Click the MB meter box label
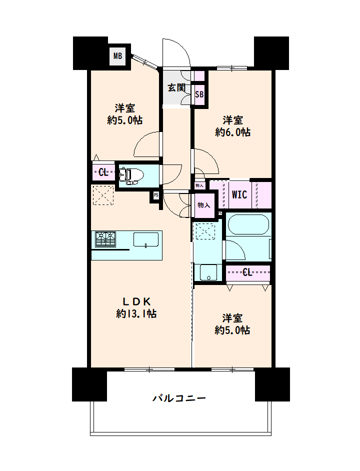coord(118,56)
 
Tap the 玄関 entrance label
coord(176,87)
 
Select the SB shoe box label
coord(199,94)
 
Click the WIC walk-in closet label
coord(239,194)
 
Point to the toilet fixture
coord(131,175)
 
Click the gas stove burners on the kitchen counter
coord(105,239)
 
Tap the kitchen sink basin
coord(145,239)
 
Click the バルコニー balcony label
coord(179,398)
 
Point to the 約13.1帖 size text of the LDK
coord(136,314)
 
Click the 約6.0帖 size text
coord(233,132)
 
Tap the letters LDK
coord(136,301)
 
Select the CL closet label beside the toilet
coord(103,172)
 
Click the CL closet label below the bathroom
coord(247,272)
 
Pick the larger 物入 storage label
coord(203,205)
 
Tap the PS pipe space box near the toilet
coord(155,195)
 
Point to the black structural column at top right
coord(271,53)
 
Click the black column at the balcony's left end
coord(89,384)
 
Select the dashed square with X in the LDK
coord(103,195)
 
